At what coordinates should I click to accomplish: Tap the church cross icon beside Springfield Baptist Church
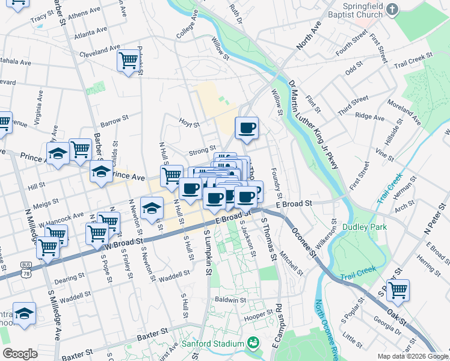(x=393, y=9)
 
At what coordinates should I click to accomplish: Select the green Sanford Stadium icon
(x=254, y=344)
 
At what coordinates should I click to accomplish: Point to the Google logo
(x=20, y=354)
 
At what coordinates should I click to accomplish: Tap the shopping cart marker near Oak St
(x=398, y=290)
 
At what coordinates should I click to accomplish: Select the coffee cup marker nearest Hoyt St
(x=247, y=127)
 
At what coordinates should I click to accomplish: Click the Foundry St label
(x=277, y=184)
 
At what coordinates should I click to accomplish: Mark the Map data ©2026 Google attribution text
(x=413, y=356)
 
